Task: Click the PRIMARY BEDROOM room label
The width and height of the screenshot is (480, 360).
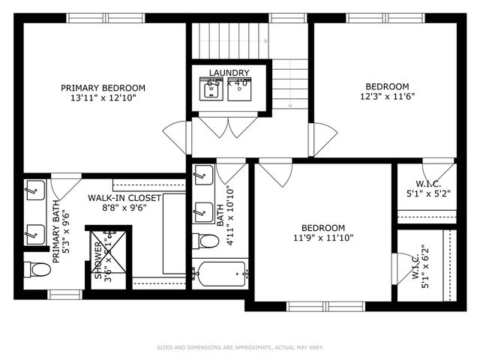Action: click(103, 88)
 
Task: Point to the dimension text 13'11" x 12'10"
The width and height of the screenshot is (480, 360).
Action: click(103, 97)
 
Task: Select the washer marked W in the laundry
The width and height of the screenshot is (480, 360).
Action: click(211, 89)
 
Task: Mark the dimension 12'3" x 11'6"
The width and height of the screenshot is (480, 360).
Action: click(387, 96)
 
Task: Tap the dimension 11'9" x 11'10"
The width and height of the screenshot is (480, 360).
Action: click(322, 238)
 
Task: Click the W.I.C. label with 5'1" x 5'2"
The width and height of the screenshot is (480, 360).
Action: click(427, 189)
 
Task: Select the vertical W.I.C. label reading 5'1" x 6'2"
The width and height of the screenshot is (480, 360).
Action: click(420, 266)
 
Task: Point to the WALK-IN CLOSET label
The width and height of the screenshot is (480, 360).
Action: click(124, 198)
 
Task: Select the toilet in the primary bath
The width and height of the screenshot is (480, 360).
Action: click(34, 268)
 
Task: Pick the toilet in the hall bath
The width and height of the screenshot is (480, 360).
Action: click(202, 241)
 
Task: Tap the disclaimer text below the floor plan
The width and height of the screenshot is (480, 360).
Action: click(240, 347)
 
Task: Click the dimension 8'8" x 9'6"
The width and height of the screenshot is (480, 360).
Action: click(124, 208)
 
